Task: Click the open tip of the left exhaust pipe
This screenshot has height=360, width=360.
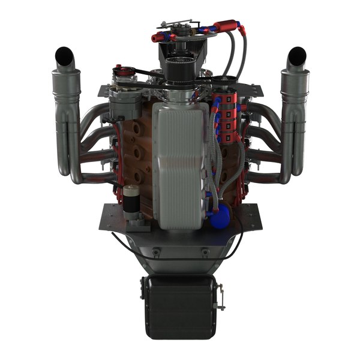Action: coord(63,56)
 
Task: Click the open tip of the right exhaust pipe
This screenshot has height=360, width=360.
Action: coord(296,56)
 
